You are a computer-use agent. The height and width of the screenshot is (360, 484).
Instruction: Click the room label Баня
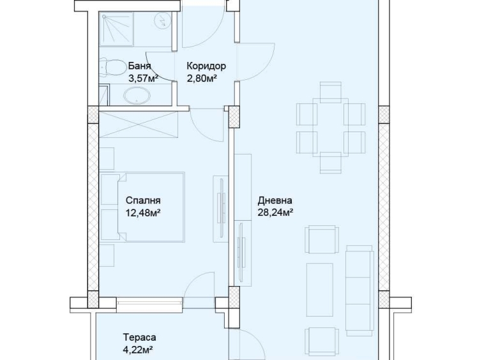(139, 66)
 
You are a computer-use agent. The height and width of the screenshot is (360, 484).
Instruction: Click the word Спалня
(143, 200)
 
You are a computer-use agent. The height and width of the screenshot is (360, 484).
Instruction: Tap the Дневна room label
(275, 200)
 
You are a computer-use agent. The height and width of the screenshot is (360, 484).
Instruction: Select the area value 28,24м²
(275, 212)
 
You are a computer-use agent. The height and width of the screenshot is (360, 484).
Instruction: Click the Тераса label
(139, 337)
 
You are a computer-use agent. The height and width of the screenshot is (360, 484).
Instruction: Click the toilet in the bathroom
(113, 67)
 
